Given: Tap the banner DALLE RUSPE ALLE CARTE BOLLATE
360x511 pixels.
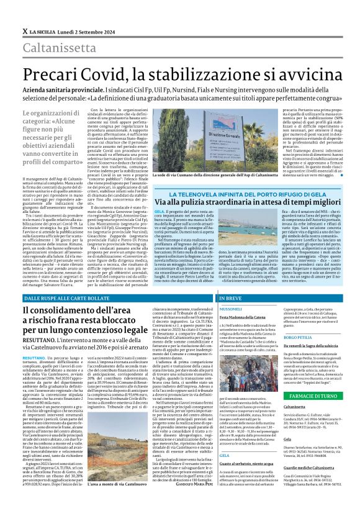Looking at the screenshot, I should point(68,299).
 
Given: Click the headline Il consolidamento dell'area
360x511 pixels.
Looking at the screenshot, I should point(93,312).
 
